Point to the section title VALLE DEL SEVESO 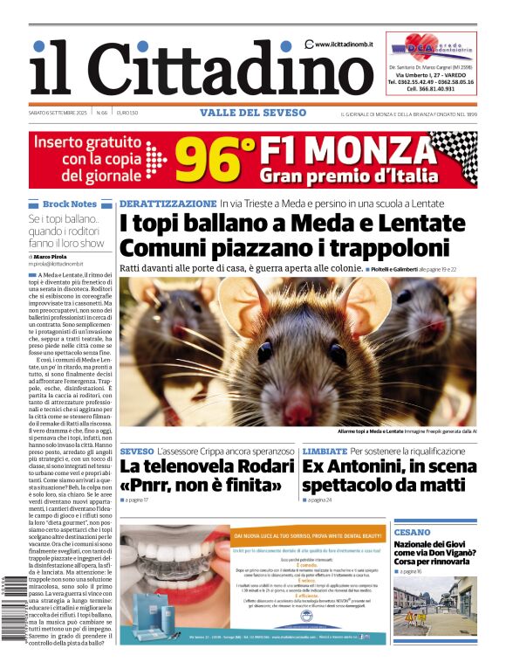point(253,113)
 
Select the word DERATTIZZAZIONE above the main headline point(168,203)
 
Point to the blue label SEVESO point(137,451)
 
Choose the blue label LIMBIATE point(325,451)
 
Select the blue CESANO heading point(412,532)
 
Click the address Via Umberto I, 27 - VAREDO point(431,75)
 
